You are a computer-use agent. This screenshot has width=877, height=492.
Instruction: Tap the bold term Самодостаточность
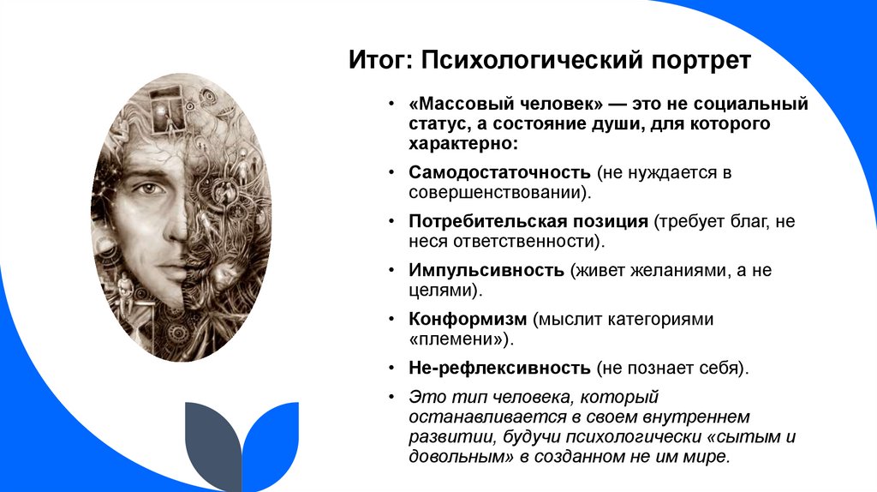pyautogui.click(x=500, y=172)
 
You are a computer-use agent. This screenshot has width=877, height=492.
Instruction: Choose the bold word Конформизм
pyautogui.click(x=468, y=319)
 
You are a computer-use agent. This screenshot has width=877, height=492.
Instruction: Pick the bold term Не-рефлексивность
pyautogui.click(x=500, y=368)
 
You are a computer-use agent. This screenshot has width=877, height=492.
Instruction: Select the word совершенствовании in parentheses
pyautogui.click(x=499, y=192)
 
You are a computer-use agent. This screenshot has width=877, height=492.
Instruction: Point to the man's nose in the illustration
pyautogui.click(x=174, y=225)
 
